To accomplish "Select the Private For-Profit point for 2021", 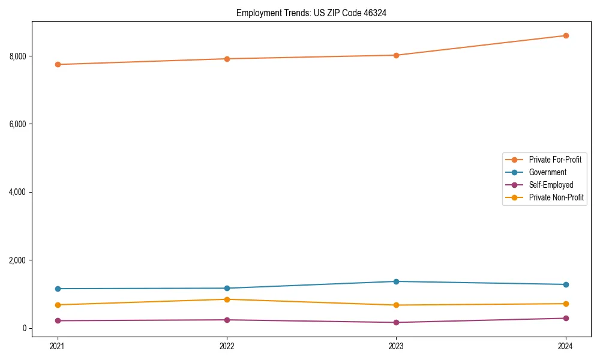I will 58,64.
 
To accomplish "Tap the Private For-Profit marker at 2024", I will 566,35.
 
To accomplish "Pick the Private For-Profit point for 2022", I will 227,59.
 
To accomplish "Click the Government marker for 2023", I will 397,281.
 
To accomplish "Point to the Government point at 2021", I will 58,289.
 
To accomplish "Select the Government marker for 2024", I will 566,284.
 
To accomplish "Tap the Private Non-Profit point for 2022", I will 227,299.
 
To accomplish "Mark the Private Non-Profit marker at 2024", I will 566,304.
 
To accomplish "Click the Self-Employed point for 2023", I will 397,322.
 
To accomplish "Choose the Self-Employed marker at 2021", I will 58,320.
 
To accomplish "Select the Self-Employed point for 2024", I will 566,318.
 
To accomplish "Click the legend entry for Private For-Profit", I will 554,160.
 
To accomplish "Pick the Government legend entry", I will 547,172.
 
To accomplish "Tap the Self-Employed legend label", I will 551,185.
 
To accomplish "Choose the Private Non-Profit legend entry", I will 556,197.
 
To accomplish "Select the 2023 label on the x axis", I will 397,346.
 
